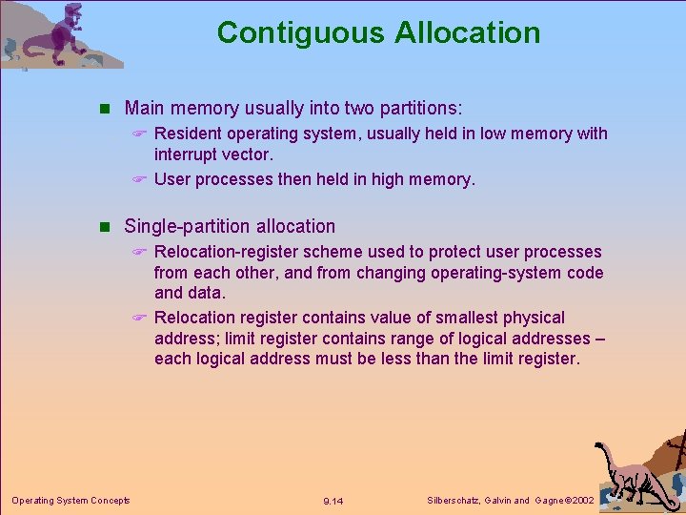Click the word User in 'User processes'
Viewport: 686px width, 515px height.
pyautogui.click(x=171, y=178)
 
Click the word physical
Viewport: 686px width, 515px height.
pyautogui.click(x=534, y=318)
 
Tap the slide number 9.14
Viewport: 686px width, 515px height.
pyautogui.click(x=333, y=501)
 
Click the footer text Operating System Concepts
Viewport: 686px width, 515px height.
pyautogui.click(x=71, y=500)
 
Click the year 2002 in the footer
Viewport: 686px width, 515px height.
pyautogui.click(x=579, y=500)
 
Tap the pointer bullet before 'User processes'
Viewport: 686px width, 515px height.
pyautogui.click(x=139, y=178)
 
